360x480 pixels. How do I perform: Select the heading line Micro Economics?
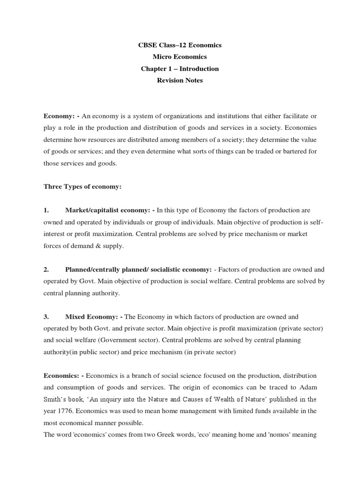[180, 57]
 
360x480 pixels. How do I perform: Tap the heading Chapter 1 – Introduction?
[180, 69]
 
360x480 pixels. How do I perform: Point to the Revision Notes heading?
[180, 81]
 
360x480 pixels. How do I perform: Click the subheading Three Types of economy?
[82, 187]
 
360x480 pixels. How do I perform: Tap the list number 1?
[46, 210]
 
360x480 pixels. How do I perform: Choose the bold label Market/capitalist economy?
[106, 210]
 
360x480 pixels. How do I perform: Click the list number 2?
[46, 270]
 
